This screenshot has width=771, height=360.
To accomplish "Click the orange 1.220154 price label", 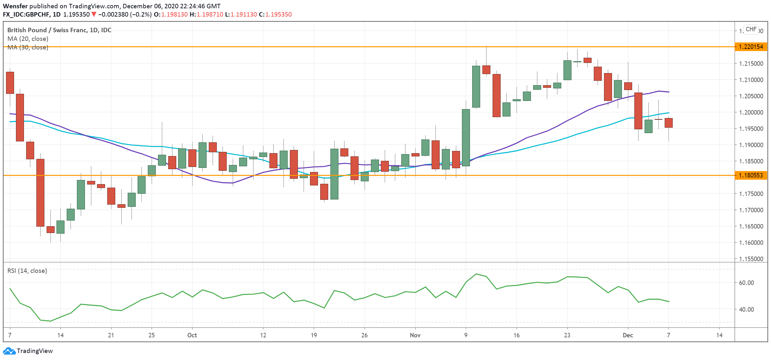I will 751,47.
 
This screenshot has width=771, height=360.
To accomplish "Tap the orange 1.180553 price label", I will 751,175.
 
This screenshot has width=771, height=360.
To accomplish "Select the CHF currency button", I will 751,29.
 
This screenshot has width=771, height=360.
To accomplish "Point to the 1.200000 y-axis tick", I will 751,112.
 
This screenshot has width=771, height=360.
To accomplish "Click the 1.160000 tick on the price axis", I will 751,243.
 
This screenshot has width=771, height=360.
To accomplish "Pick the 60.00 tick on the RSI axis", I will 746,283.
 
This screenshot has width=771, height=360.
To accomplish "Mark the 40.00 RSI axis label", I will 746,309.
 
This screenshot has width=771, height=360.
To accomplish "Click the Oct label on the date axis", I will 192,335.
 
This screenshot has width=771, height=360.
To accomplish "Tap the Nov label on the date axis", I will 415,335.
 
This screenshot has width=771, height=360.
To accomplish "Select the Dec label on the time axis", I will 628,335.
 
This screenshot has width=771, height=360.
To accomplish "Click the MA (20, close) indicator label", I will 28,39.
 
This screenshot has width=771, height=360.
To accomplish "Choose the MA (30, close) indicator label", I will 28,47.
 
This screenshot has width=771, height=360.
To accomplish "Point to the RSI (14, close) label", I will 27,271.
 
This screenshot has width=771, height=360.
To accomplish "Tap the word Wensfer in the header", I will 15,6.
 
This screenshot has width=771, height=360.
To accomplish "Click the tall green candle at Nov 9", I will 466,137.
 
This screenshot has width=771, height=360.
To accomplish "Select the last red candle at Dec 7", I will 669,123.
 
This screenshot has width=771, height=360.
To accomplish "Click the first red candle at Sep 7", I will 10,83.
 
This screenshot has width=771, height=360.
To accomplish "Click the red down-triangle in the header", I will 94,14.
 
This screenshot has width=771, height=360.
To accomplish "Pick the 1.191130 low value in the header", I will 244,14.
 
